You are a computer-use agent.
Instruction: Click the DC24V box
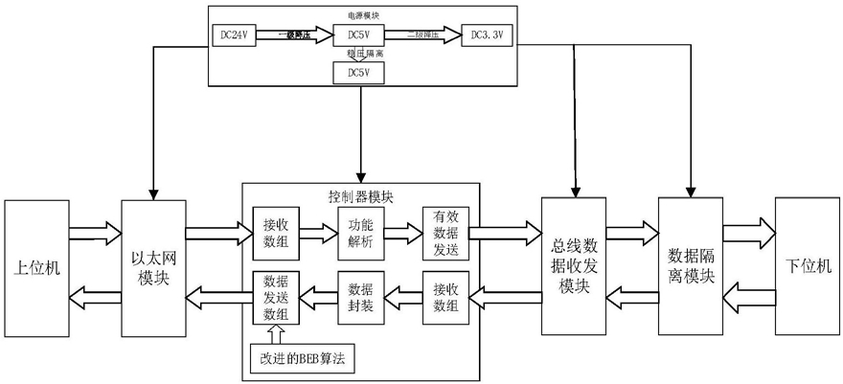click(x=232, y=35)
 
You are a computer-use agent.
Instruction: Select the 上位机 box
click(x=37, y=267)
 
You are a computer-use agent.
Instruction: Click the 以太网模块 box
click(x=150, y=267)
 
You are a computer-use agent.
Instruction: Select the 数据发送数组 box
click(x=275, y=299)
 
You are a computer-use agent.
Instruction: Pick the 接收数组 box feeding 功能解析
click(x=275, y=233)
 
